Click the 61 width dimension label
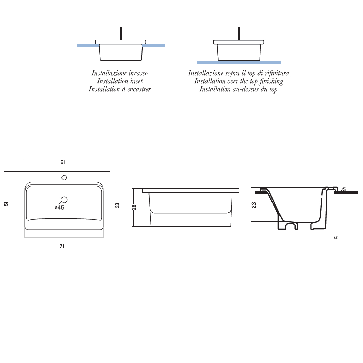click(63, 162)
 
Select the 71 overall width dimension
click(62, 246)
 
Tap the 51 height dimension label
click(6, 204)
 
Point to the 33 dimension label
click(117, 206)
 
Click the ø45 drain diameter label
click(59, 208)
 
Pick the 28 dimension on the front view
click(134, 207)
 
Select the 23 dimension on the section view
click(254, 205)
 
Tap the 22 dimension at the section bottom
click(335, 237)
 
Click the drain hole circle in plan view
click(64, 200)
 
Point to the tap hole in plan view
click(64, 177)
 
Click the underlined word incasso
click(138, 73)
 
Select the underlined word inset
click(136, 81)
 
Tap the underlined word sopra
click(232, 73)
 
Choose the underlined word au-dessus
click(245, 89)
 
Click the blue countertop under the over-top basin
click(239, 62)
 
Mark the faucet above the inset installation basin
click(121, 34)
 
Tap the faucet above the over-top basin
click(239, 34)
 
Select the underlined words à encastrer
click(136, 89)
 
